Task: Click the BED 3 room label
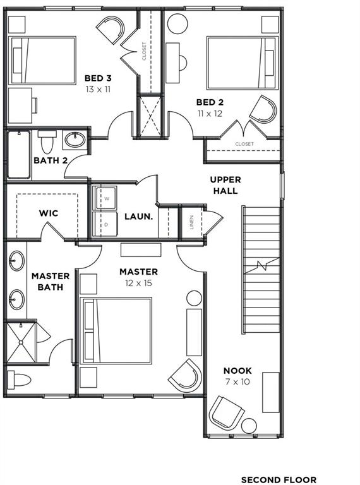tap(98, 78)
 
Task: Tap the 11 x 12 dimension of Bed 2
tap(210, 114)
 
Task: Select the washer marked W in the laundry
tap(105, 198)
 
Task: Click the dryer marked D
tap(105, 224)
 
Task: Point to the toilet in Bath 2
tap(47, 141)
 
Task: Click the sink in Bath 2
tap(75, 140)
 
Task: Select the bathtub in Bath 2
tap(19, 155)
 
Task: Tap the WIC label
tap(49, 213)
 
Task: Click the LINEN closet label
tap(192, 222)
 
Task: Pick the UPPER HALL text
tap(225, 185)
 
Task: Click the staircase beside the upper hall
tap(261, 269)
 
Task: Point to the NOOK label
tap(237, 370)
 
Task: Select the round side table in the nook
tap(249, 426)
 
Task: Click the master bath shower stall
tap(21, 342)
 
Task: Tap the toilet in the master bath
tap(19, 380)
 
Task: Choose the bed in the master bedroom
tap(116, 331)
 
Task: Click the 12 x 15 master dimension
tap(138, 283)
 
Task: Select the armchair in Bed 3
tap(111, 30)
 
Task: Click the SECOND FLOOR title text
tap(279, 480)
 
